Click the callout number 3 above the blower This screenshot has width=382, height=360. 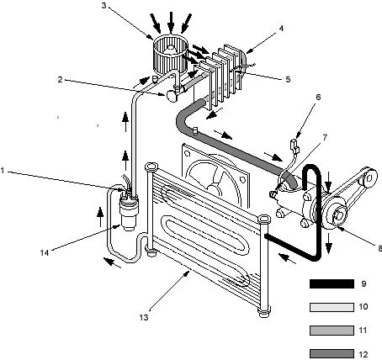[x=104, y=5]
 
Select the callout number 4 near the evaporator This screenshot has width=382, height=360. [x=281, y=28]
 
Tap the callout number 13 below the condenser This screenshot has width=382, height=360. [x=144, y=318]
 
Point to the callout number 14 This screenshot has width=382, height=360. [x=45, y=253]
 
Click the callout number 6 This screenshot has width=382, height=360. [x=318, y=97]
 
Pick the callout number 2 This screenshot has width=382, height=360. [x=60, y=79]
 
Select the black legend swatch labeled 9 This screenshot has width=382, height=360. [x=332, y=283]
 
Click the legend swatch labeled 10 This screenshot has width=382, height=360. [x=332, y=307]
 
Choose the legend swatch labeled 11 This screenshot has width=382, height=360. [x=332, y=331]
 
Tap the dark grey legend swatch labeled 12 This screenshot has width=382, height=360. [x=332, y=354]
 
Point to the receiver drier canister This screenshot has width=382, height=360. [x=129, y=213]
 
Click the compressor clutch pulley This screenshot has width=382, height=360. [x=335, y=214]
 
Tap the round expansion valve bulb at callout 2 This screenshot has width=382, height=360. [x=172, y=96]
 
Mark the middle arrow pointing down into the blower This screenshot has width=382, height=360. [x=171, y=22]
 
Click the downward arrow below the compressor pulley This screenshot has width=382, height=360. [x=329, y=246]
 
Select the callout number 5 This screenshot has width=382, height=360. [x=288, y=79]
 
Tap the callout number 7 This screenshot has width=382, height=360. [x=325, y=138]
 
